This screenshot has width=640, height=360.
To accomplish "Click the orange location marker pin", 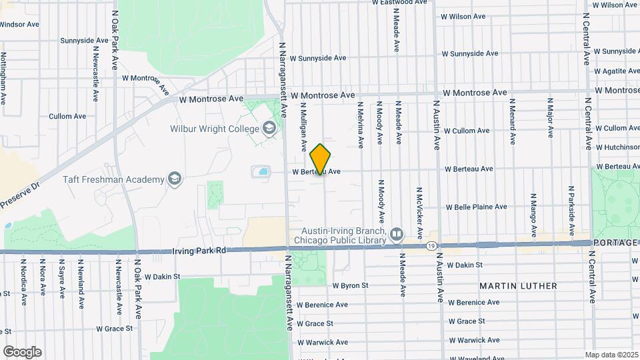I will [321, 159].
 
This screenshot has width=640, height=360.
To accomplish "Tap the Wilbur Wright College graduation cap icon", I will [269, 128].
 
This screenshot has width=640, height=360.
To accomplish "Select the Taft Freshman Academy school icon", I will [174, 179].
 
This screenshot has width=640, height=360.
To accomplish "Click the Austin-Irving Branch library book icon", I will [397, 234].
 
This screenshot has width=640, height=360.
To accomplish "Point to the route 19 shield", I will [431, 246].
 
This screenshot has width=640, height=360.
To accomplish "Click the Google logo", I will [21, 351].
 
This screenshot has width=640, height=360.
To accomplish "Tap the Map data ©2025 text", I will [612, 355].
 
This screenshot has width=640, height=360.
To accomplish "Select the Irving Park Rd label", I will [199, 251].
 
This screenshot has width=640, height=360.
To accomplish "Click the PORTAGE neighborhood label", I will [615, 243].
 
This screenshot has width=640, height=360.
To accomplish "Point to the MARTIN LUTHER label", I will [518, 286].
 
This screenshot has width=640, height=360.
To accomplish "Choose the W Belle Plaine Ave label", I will [476, 207].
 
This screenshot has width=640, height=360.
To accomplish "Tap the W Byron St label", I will [350, 285].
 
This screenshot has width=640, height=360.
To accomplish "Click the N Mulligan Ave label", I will [303, 126].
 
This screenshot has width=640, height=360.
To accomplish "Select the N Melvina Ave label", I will [360, 124].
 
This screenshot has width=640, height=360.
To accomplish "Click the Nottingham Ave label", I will [4, 79].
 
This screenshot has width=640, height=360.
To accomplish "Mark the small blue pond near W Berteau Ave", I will [263, 172].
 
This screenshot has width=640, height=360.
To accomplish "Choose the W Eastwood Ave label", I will [399, 3].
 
